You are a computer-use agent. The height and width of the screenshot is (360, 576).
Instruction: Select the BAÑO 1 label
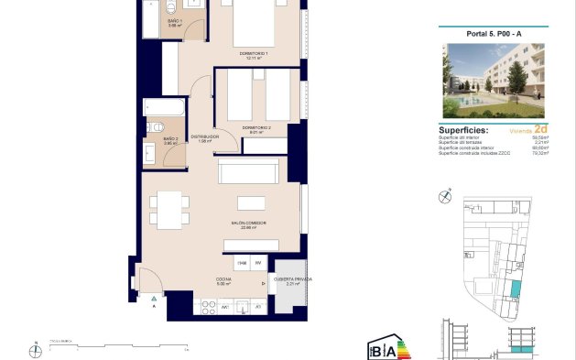coord(175,22)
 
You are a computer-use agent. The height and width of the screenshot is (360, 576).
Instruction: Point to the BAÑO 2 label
coord(170,140)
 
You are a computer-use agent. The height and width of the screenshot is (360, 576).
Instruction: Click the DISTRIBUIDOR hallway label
coord(205,137)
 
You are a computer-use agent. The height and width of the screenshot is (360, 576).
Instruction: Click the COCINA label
coord(223,280)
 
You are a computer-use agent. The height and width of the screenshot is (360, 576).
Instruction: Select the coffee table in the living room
coord(251,202)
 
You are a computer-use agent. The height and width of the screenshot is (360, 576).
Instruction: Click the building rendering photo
coord(493,81)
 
